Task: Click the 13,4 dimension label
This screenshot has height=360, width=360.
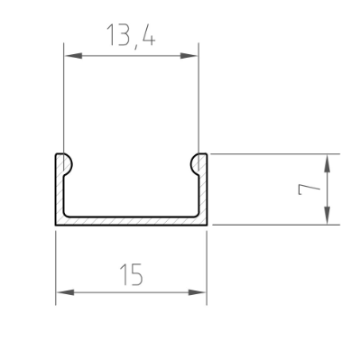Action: pos(131,36)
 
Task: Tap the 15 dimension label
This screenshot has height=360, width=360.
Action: pos(132,274)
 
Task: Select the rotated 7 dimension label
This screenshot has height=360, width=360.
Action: pos(309,189)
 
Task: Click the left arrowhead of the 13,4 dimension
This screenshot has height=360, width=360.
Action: pos(73,56)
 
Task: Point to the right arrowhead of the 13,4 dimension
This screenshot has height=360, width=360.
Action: pos(189,56)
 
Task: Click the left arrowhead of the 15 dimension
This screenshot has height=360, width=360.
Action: pos(65,292)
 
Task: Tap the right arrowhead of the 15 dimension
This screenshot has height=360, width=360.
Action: pos(198,292)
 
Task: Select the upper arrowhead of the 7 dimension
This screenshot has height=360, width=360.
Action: pos(328,163)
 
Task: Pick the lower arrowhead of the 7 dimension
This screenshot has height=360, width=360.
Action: pos(328,216)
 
